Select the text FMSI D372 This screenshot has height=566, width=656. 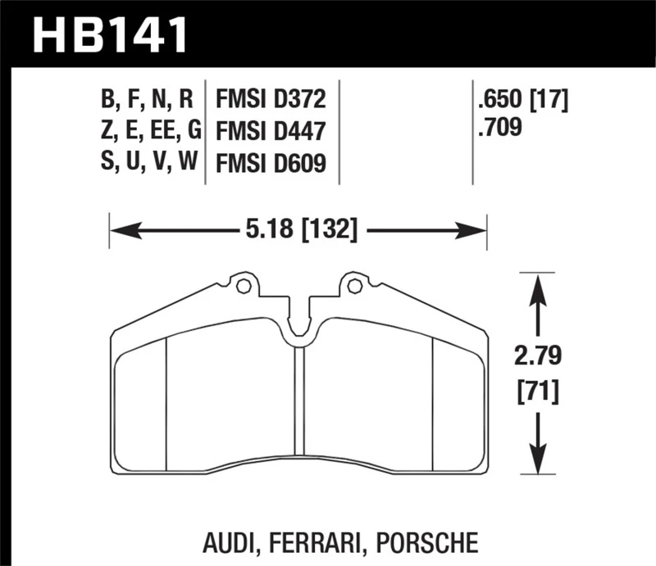(x=271, y=101)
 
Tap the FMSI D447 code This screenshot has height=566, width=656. (x=271, y=131)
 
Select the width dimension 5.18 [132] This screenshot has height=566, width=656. (x=298, y=231)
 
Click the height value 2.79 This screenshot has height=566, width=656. (x=538, y=357)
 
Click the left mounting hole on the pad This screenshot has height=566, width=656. (x=242, y=287)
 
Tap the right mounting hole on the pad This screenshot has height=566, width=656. (x=354, y=287)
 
